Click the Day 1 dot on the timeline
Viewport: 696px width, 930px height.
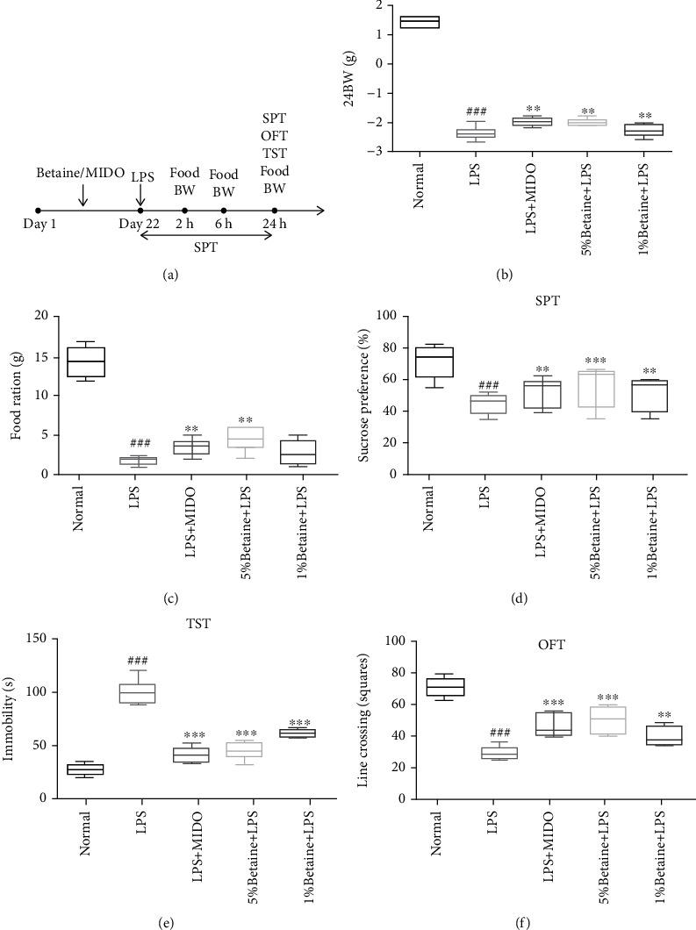tap(38, 211)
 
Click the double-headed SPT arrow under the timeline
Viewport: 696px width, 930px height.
tap(207, 235)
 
